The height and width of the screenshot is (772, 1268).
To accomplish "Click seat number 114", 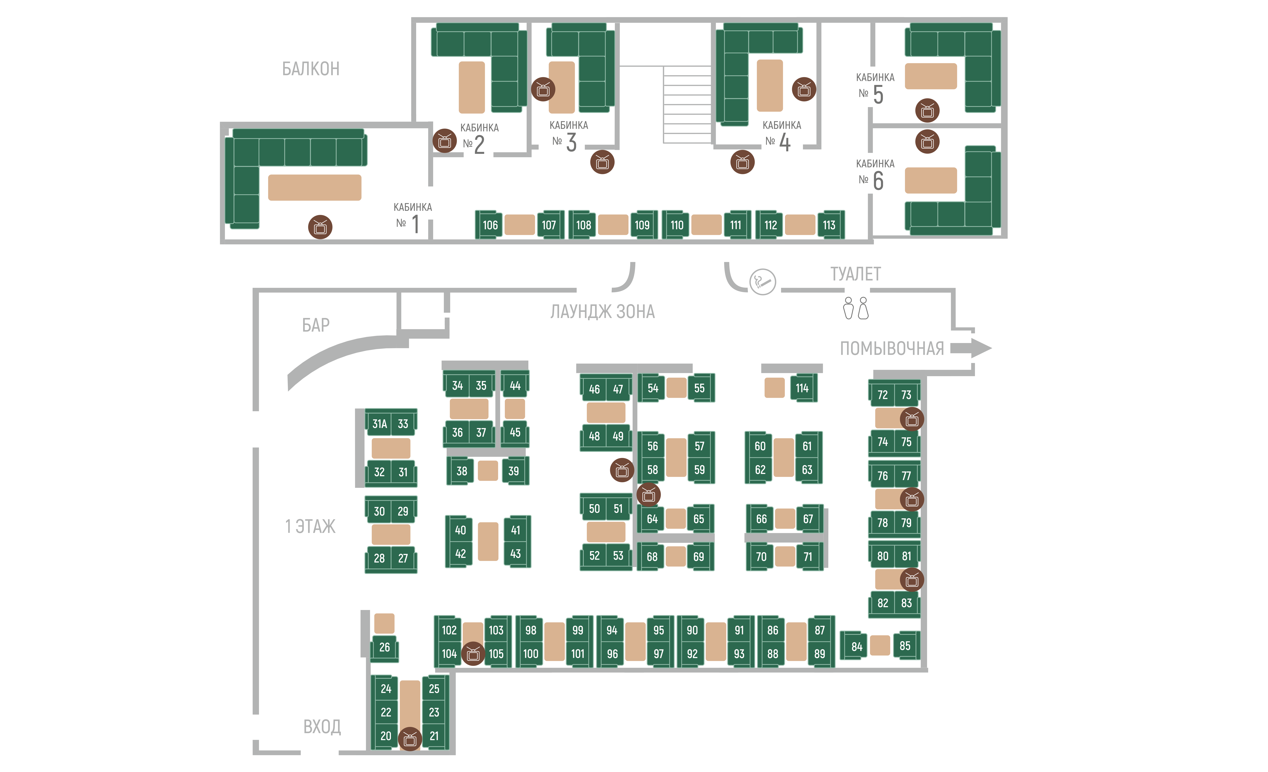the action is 803,388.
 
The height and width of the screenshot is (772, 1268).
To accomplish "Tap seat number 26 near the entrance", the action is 384,647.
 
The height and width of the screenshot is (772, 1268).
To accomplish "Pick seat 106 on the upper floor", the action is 489,225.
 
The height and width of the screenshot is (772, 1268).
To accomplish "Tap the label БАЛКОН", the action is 311,68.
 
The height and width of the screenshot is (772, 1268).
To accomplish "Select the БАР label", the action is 315,325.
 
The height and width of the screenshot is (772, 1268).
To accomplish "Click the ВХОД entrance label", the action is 322,726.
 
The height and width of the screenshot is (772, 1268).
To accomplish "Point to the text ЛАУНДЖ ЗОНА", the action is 603,311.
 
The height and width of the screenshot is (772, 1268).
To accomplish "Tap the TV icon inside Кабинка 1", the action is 320,227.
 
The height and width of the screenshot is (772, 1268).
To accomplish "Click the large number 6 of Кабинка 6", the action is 878,181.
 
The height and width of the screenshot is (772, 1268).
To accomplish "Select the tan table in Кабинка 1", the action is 314,187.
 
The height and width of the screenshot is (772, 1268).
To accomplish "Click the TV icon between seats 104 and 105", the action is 473,654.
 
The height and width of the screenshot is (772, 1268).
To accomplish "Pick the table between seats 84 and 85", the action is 880,645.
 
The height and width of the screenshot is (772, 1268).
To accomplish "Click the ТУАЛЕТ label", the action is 855,274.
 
